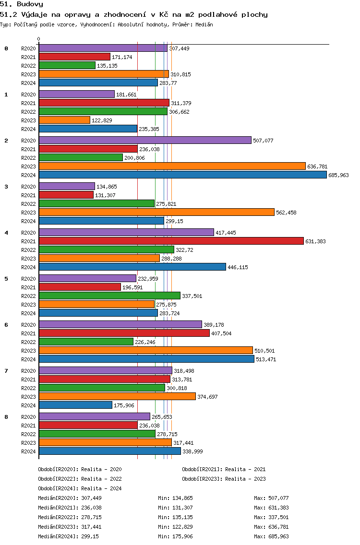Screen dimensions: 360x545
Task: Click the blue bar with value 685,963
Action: click(x=183, y=175)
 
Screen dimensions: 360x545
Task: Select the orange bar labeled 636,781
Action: click(x=172, y=166)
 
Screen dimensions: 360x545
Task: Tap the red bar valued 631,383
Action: click(x=171, y=241)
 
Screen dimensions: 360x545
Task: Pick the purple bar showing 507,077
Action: click(x=145, y=140)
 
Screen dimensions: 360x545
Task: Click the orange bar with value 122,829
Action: click(x=64, y=120)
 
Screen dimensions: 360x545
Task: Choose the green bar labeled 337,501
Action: click(x=109, y=296)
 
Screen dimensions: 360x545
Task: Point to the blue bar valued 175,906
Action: click(x=75, y=405)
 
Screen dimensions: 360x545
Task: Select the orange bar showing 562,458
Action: click(x=156, y=213)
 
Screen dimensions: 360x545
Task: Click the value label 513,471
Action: click(x=266, y=359)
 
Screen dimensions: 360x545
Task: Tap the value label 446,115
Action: click(x=238, y=267)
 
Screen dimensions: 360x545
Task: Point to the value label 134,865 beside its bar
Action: click(x=107, y=187)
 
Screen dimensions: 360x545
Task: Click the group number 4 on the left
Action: click(x=6, y=233)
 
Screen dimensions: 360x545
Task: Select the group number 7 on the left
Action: click(x=6, y=371)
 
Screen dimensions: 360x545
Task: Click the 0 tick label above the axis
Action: click(x=38, y=39)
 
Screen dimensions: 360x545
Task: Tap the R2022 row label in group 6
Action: click(x=28, y=342)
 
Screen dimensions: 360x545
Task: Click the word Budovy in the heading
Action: click(x=30, y=4)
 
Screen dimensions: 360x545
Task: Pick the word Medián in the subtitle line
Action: click(x=204, y=24)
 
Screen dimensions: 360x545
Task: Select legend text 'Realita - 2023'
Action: click(x=246, y=479)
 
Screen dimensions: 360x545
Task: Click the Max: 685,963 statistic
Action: click(x=271, y=536)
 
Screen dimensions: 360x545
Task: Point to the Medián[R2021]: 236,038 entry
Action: click(x=70, y=508)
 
